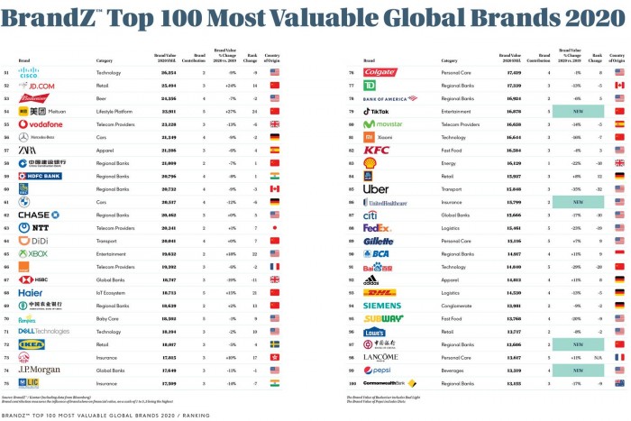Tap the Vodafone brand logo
click(35, 124)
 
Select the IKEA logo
click(26, 344)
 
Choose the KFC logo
click(377, 150)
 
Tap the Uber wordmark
click(376, 188)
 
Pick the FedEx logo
click(377, 227)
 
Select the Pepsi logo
click(379, 370)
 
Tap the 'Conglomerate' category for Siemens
click(454, 305)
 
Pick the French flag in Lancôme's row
click(619, 357)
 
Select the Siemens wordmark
click(382, 305)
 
